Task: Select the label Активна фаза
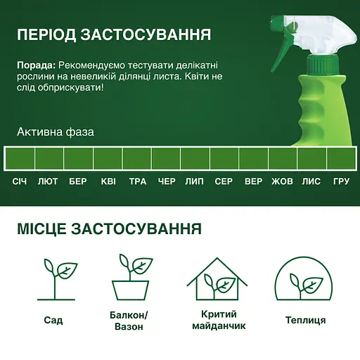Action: pos(56,131)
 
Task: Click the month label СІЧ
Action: pos(19,181)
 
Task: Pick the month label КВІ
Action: pos(108,181)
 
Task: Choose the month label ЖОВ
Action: pos(282,181)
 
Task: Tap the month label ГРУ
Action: pos(341,181)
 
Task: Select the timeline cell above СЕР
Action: pos(224,158)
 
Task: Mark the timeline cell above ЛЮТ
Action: pos(49,158)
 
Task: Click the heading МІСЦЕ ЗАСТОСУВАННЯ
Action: pos(109,229)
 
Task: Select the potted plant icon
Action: pos(131,277)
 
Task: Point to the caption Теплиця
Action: pos(305,320)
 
